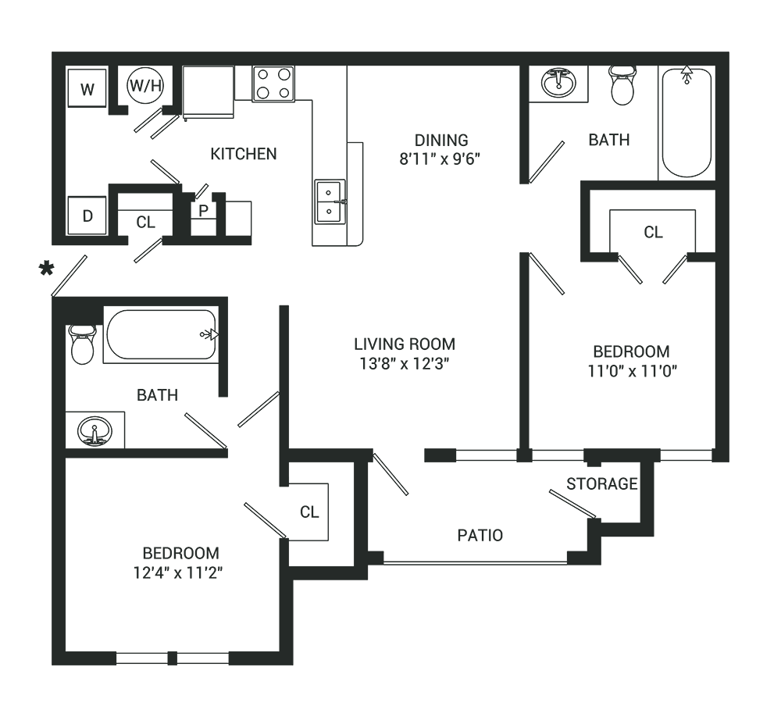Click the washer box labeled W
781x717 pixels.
click(x=87, y=87)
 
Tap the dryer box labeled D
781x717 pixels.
click(x=87, y=216)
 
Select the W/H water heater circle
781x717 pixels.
click(x=145, y=85)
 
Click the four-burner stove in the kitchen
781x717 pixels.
click(x=273, y=84)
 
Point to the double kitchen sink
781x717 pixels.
click(x=330, y=202)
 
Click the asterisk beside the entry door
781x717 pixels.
click(x=46, y=269)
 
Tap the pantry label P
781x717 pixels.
click(x=203, y=211)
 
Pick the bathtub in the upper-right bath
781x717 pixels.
click(x=686, y=122)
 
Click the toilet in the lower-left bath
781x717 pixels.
click(x=82, y=344)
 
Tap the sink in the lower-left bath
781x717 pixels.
click(x=95, y=430)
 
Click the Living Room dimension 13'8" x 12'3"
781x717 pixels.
click(x=405, y=364)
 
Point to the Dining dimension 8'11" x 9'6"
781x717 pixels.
click(x=440, y=159)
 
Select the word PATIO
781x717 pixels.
click(x=480, y=536)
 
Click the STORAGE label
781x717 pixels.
click(x=602, y=483)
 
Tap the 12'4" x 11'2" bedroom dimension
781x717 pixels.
click(x=178, y=573)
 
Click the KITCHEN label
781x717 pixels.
click(x=244, y=154)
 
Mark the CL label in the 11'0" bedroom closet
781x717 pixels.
click(x=653, y=232)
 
